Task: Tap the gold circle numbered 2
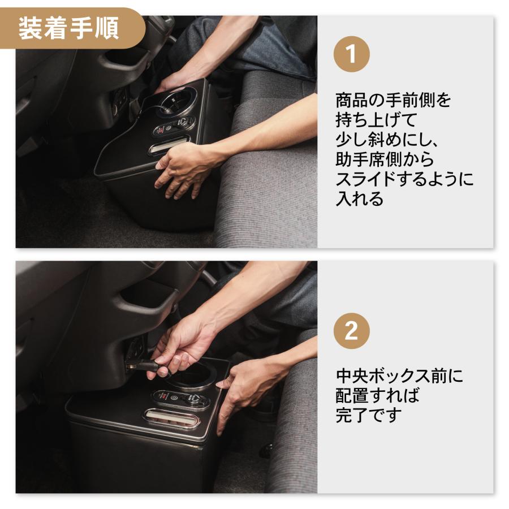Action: (351, 331)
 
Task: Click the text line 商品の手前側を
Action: (394, 101)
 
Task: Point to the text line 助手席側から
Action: (385, 160)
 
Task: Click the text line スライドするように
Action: (405, 180)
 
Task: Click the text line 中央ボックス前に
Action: (399, 376)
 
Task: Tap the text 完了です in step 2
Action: (369, 415)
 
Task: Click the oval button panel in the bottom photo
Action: (180, 399)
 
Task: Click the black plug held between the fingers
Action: (148, 364)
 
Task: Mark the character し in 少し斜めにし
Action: (360, 140)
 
